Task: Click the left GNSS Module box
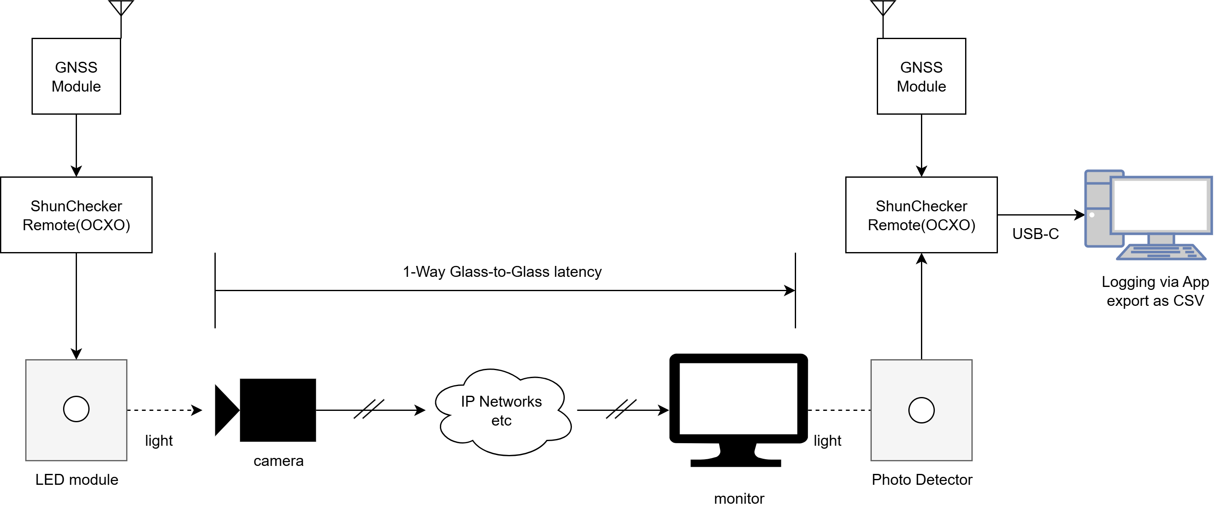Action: pyautogui.click(x=76, y=76)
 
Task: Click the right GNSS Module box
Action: pyautogui.click(x=921, y=76)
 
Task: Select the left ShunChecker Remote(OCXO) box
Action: pyautogui.click(x=76, y=215)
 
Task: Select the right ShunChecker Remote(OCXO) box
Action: pyautogui.click(x=921, y=215)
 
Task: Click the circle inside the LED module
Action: pyautogui.click(x=76, y=409)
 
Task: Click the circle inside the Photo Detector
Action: pyautogui.click(x=921, y=410)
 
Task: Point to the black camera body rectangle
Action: pyautogui.click(x=278, y=410)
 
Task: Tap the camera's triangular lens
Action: pyautogui.click(x=225, y=410)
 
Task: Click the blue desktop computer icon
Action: pyautogui.click(x=1148, y=215)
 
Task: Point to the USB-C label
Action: pyautogui.click(x=1035, y=234)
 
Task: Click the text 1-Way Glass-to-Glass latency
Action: pyautogui.click(x=502, y=272)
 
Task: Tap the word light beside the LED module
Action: pyautogui.click(x=159, y=441)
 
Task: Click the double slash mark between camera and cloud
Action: pyautogui.click(x=369, y=409)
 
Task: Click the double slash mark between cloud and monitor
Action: pyautogui.click(x=621, y=409)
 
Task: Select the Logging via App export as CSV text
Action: pyautogui.click(x=1155, y=291)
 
